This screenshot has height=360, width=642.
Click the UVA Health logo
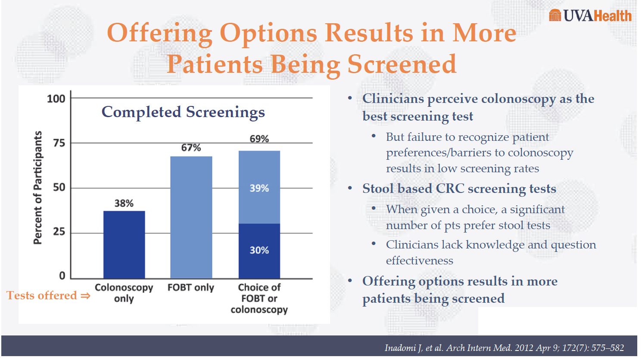point(590,16)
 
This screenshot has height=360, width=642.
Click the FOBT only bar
point(191,217)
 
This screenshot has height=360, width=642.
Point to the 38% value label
point(124,203)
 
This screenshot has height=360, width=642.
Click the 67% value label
point(191,148)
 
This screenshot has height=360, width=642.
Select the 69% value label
point(259,139)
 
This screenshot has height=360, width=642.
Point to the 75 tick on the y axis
point(59,143)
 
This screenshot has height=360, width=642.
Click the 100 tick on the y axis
point(56,99)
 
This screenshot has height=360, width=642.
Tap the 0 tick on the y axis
point(62,276)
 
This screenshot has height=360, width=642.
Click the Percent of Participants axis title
point(38,188)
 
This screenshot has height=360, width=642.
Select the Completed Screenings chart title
point(183,112)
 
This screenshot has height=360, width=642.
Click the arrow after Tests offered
point(85,296)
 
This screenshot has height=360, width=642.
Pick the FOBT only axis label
point(190,288)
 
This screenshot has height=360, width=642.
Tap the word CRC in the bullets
point(449,189)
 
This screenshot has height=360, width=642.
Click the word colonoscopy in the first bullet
point(518,99)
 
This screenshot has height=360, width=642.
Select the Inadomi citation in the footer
point(504,348)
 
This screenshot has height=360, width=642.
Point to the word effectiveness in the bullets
point(419,261)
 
